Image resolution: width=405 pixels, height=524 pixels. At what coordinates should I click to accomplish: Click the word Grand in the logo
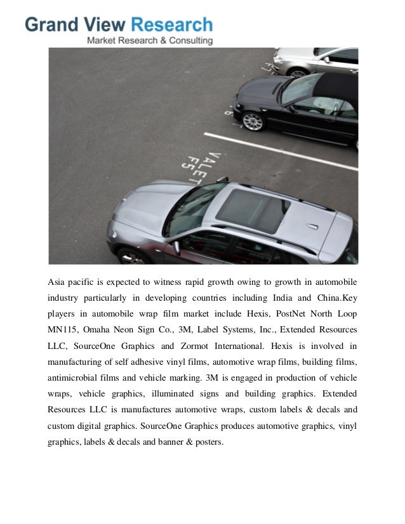click(51, 25)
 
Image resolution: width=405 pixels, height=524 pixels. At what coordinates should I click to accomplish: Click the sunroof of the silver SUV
click(252, 209)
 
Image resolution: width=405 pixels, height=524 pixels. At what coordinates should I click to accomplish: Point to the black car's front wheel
click(253, 121)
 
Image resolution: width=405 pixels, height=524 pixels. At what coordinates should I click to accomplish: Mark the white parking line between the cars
click(279, 151)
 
